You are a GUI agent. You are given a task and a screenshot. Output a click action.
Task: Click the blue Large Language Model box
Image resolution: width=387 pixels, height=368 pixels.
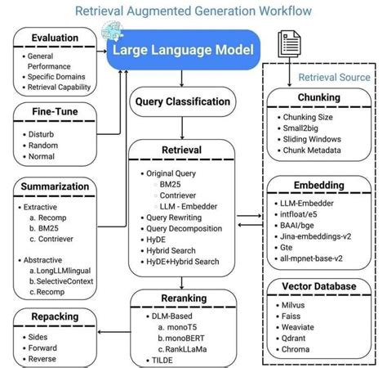[183, 50]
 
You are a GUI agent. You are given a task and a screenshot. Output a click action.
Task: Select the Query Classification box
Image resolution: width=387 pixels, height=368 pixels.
[180, 101]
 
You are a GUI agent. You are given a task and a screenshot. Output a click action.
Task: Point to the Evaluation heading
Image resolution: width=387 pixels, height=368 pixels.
[55, 38]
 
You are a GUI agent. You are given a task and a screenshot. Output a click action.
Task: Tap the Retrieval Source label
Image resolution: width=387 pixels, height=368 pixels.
[334, 77]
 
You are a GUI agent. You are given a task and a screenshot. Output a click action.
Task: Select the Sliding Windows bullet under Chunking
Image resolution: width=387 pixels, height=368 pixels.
[312, 140]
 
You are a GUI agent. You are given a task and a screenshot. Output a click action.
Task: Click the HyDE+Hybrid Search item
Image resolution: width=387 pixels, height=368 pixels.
[182, 262]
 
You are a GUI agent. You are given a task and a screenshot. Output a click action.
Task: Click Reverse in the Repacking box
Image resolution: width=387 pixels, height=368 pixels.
[42, 358]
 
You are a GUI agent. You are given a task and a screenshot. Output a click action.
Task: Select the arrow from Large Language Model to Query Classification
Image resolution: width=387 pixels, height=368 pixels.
[180, 78]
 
